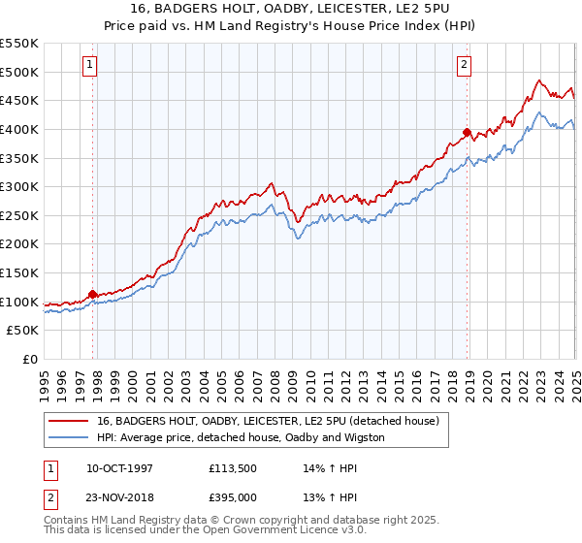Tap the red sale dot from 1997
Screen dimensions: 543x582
pos(93,294)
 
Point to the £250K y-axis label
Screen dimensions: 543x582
pos(19,215)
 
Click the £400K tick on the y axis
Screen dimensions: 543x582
pos(19,129)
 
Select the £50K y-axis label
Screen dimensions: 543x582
pos(23,331)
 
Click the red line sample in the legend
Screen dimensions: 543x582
pos(69,421)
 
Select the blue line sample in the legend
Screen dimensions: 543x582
pos(69,437)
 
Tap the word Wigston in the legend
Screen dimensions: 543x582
pos(364,437)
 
